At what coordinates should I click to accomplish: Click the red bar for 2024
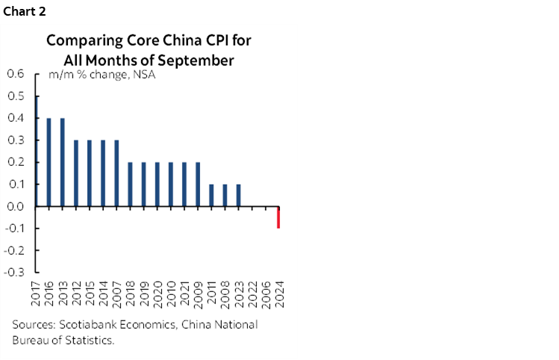(x=278, y=217)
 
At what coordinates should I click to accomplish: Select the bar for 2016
(x=49, y=162)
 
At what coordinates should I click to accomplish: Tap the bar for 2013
(x=62, y=162)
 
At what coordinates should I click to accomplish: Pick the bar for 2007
(x=116, y=173)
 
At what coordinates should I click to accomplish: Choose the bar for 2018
(x=130, y=184)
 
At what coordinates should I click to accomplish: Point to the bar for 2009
(x=198, y=184)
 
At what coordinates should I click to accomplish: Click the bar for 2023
(x=238, y=195)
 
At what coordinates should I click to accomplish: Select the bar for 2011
(x=211, y=195)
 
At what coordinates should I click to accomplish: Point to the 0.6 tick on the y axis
(x=16, y=74)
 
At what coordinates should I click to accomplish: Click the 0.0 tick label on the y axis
(x=16, y=206)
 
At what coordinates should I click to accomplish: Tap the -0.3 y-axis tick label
(x=15, y=273)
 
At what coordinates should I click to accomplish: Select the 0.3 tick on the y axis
(x=16, y=140)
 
